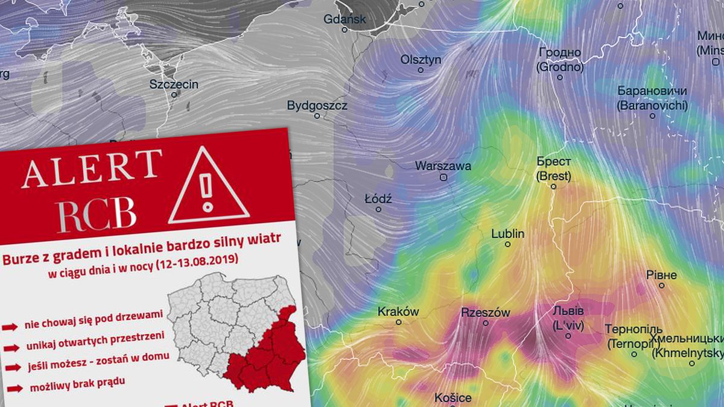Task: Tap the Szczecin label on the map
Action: [x=174, y=84]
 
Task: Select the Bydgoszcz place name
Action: [x=317, y=106]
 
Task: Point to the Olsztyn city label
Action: [x=421, y=60]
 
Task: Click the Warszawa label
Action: [x=443, y=166]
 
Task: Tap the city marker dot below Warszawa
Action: [x=444, y=178]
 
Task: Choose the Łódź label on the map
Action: [x=379, y=198]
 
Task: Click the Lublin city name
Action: [x=507, y=233]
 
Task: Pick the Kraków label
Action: [x=398, y=312]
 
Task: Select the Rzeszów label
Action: [x=485, y=312]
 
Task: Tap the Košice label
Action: [x=453, y=398]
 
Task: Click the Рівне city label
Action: [x=661, y=275]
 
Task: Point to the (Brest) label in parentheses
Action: [x=553, y=176]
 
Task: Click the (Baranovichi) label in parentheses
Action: [x=652, y=105]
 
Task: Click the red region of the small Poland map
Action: [x=265, y=356]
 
